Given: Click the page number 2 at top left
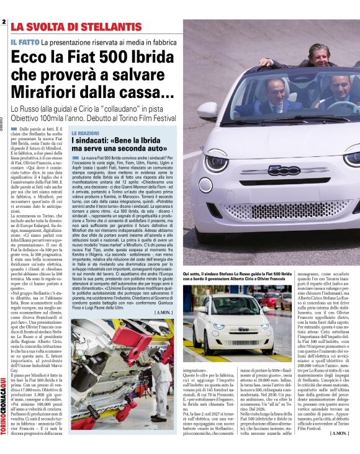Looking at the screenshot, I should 4,23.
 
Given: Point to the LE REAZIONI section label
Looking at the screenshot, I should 85,133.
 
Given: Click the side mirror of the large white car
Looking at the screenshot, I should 207,110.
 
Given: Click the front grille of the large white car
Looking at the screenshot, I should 279,211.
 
